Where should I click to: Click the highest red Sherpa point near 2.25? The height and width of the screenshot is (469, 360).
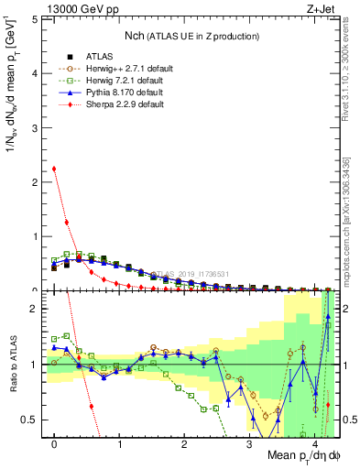coord(54,169)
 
